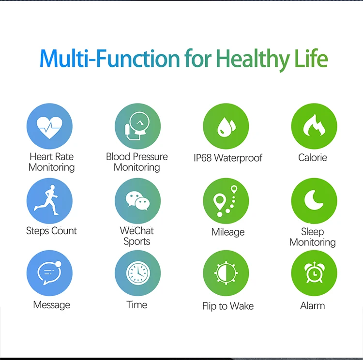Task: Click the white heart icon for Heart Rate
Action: point(49,127)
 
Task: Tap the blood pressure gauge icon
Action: point(137,126)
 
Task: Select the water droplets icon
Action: point(226,127)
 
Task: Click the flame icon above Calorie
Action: point(314,125)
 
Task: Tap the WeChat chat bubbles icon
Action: point(138,201)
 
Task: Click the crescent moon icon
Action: point(314,200)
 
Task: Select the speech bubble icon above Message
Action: point(49,273)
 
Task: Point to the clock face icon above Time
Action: point(138,273)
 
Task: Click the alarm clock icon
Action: point(314,272)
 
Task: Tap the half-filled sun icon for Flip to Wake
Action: point(226,273)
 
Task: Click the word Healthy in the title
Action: point(253,60)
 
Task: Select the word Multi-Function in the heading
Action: point(110,59)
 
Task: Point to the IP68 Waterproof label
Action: point(228,158)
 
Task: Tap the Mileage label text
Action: point(228,232)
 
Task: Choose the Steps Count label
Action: point(51,231)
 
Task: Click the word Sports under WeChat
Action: point(137,242)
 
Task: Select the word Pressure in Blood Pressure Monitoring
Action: point(150,157)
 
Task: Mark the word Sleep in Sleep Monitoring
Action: point(313,232)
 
